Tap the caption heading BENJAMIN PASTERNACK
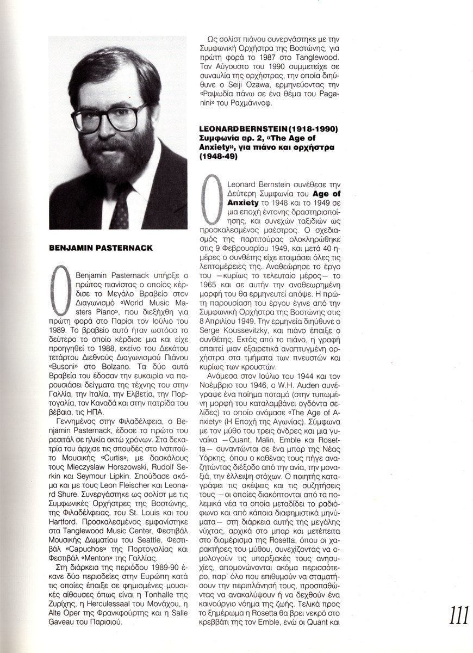pyautogui.click(x=101, y=248)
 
